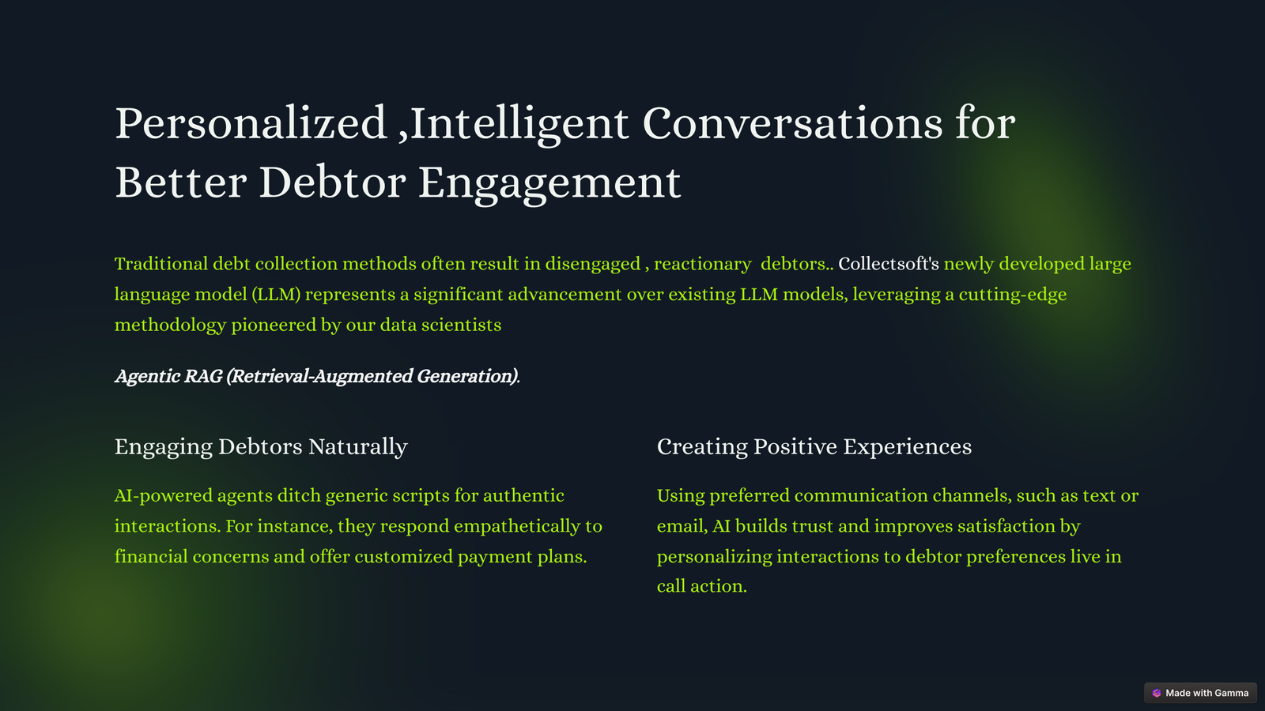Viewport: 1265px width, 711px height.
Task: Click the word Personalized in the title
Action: point(251,123)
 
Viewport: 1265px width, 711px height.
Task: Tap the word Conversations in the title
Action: point(792,123)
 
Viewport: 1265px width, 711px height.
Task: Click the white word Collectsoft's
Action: point(889,264)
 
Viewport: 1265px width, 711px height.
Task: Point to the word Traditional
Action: point(161,264)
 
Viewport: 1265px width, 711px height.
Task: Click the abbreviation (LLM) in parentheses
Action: point(276,295)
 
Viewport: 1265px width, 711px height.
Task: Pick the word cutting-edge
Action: point(1013,295)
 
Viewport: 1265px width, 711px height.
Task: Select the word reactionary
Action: point(703,264)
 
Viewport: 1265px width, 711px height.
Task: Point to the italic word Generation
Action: point(466,376)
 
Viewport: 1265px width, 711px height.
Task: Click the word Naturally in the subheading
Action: point(358,447)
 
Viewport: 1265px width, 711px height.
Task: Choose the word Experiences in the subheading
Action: point(908,447)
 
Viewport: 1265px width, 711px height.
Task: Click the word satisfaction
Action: point(1006,526)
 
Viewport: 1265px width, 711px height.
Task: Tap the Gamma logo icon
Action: point(1157,693)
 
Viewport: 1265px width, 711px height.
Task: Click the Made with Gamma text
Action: point(1206,693)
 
